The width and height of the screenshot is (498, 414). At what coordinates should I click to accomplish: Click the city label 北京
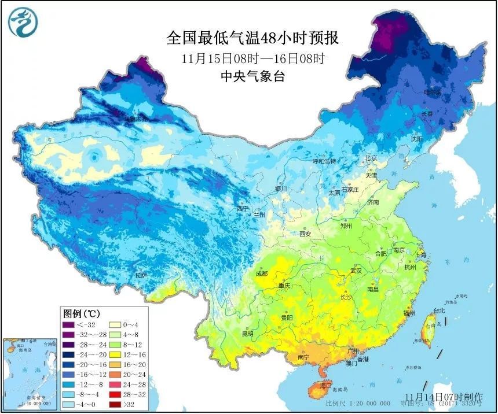pos(371,158)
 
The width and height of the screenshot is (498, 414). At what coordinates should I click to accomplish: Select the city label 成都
pos(261,273)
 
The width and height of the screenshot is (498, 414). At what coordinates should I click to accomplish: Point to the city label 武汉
pos(355,271)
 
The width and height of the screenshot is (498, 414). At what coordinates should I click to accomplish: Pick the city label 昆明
pos(247,334)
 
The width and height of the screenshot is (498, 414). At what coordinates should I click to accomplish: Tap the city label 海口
pos(326,385)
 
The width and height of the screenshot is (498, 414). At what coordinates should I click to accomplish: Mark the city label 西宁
pos(242,209)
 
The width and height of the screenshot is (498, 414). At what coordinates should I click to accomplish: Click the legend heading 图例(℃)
pos(80,313)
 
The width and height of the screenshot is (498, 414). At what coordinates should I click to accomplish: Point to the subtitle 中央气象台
pos(252,76)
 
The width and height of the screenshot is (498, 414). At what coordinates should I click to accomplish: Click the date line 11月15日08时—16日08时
pos(252,58)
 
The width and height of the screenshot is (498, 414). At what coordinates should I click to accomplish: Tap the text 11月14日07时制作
pos(443,397)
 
